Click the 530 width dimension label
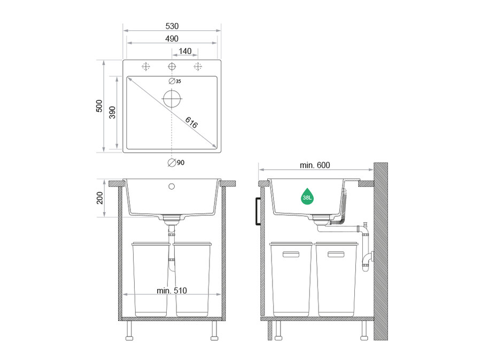tap(172, 26)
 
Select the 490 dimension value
tap(172, 38)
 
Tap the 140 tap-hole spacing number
tap(185, 51)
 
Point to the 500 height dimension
tap(99, 106)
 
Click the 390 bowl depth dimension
tap(112, 113)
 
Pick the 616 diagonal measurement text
tap(191, 123)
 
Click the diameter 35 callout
tap(175, 81)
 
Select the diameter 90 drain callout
tap(176, 162)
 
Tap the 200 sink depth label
tap(100, 198)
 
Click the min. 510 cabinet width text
tap(172, 291)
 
